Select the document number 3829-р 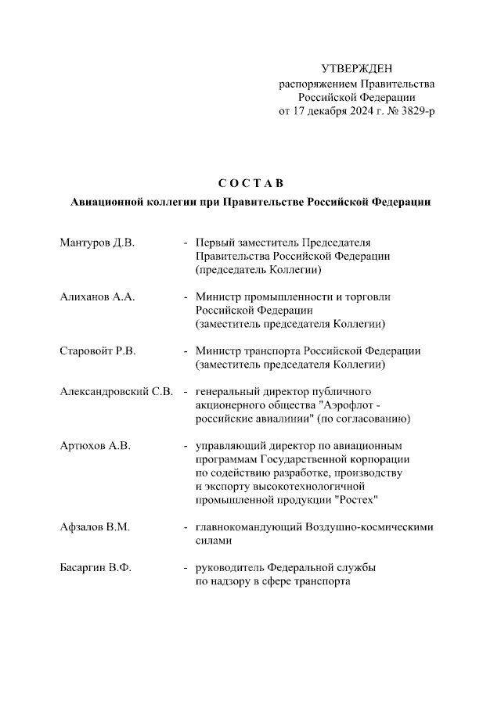415,111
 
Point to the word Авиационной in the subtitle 104,202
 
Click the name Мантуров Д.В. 98,243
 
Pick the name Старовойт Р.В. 98,350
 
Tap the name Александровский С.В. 117,391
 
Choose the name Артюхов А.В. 95,445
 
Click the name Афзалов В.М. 95,527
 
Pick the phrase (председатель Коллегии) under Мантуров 259,270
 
